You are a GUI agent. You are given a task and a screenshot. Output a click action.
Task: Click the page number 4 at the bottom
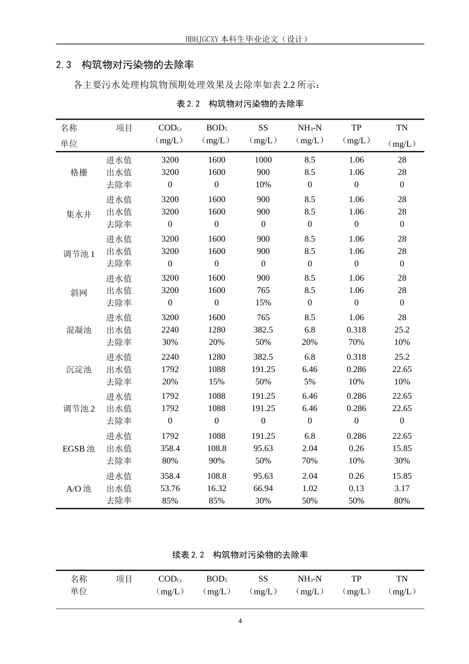pyautogui.click(x=240, y=621)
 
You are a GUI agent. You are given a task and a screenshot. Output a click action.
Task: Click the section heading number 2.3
pyautogui.click(x=64, y=65)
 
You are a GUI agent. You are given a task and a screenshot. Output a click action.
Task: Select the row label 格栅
pyautogui.click(x=79, y=172)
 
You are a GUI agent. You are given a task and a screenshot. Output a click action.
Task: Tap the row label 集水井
pyautogui.click(x=79, y=214)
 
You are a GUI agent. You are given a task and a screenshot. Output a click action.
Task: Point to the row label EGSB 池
pyautogui.click(x=79, y=449)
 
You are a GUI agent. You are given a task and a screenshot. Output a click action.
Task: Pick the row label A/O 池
pyautogui.click(x=79, y=489)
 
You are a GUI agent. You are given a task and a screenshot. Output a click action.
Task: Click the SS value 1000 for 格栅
pyautogui.click(x=263, y=160)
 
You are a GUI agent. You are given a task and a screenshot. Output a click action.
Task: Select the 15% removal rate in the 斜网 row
pyautogui.click(x=263, y=303)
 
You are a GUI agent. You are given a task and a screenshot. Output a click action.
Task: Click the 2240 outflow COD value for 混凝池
pyautogui.click(x=170, y=330)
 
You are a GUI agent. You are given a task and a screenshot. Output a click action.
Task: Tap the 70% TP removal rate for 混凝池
pyautogui.click(x=356, y=342)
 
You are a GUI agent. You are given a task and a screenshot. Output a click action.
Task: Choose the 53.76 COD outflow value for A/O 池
pyautogui.click(x=170, y=489)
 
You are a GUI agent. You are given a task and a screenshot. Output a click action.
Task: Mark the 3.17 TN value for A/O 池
pyautogui.click(x=402, y=489)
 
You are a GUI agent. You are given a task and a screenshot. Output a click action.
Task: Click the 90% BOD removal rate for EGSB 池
pyautogui.click(x=217, y=461)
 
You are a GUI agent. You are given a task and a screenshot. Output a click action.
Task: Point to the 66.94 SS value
pyautogui.click(x=263, y=489)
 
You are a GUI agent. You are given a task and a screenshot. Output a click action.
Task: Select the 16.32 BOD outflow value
pyautogui.click(x=217, y=489)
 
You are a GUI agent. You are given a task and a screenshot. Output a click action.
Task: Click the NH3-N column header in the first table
pyautogui.click(x=310, y=128)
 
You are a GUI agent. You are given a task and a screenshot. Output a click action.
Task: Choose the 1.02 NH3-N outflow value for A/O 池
pyautogui.click(x=310, y=489)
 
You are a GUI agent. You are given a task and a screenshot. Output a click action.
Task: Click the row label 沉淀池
pyautogui.click(x=79, y=370)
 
